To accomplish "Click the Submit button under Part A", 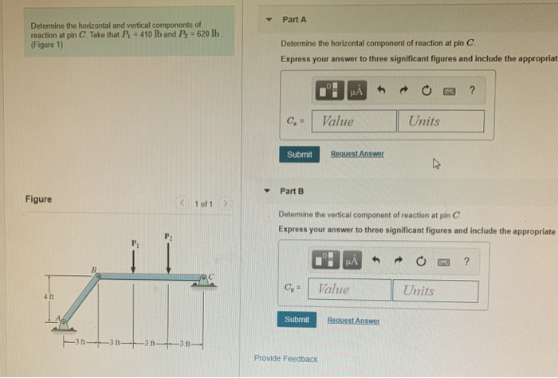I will click(299, 154).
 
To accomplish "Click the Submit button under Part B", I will click(296, 319).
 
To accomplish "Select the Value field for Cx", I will click(356, 121).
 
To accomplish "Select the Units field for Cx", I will click(440, 121).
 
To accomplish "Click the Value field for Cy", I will click(351, 290).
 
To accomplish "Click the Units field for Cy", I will click(435, 290).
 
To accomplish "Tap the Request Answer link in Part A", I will click(357, 154).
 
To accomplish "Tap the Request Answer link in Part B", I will click(353, 320).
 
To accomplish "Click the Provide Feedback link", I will click(285, 359).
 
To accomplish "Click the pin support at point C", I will click(204, 278).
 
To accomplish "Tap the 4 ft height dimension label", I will click(49, 297).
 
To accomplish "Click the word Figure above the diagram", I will click(38, 199).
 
